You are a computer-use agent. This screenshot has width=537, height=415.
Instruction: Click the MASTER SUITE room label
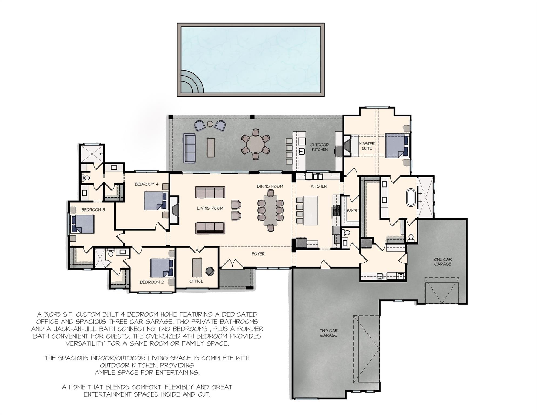point(367,146)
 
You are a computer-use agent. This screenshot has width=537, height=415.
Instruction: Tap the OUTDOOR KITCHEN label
point(320,147)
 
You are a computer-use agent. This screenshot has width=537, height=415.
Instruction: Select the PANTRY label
point(353,210)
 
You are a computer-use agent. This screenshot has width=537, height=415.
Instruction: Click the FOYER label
point(258,254)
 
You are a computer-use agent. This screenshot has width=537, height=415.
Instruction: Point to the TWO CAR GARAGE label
point(328,333)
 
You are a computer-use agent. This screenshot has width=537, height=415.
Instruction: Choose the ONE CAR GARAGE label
point(442,262)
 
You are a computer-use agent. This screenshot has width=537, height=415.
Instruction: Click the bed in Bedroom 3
point(82,224)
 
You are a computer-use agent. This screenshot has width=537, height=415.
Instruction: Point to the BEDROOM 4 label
point(146,184)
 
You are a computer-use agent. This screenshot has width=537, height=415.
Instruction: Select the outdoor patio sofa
point(189,148)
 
